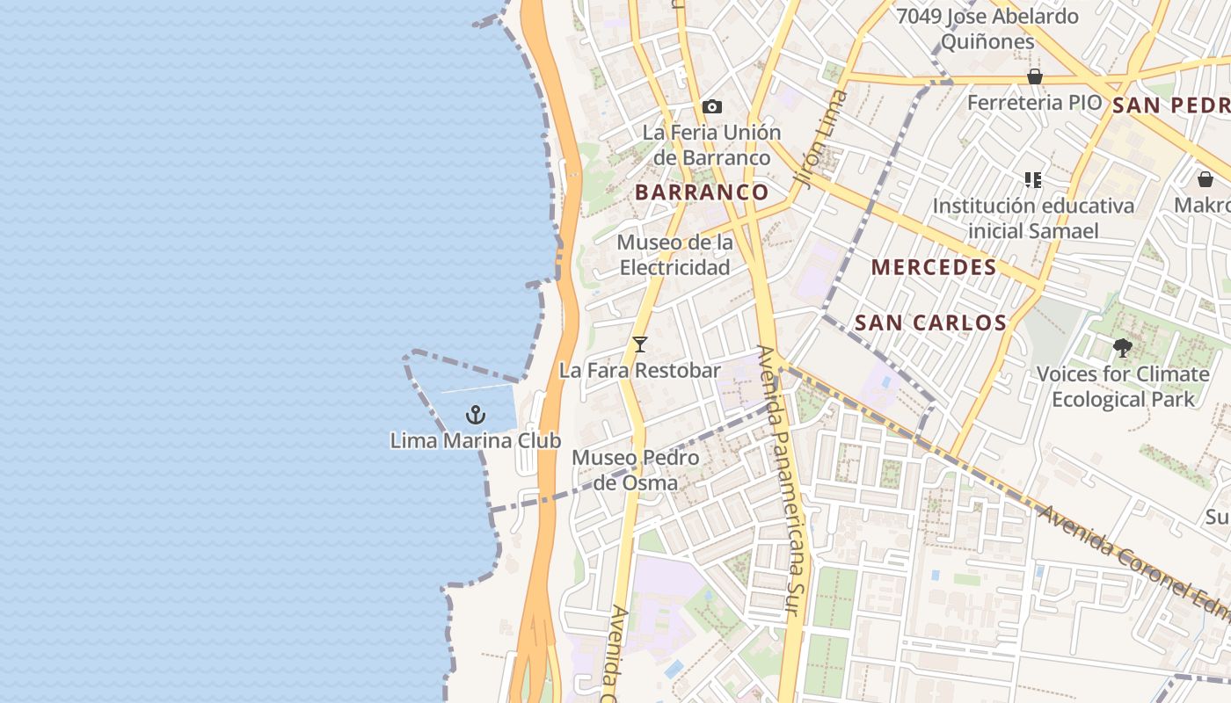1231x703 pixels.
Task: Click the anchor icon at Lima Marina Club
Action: tap(476, 414)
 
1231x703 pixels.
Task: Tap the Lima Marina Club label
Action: tap(476, 440)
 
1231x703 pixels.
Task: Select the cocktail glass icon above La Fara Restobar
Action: tap(640, 344)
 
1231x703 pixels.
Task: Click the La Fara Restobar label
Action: tap(640, 371)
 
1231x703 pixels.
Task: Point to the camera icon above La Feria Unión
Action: tap(712, 107)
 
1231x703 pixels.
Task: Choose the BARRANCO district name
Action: tap(702, 192)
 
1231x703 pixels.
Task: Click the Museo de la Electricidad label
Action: tap(675, 255)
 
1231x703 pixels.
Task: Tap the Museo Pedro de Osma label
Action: tap(635, 470)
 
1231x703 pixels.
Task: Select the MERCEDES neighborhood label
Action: tap(934, 268)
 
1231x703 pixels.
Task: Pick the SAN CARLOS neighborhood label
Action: tap(930, 323)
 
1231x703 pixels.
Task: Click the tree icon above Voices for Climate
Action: tap(1122, 348)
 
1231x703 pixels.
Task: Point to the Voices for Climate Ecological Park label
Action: tap(1123, 387)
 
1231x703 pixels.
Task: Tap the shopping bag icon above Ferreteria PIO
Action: tap(1035, 77)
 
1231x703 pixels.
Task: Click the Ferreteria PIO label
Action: tap(1034, 103)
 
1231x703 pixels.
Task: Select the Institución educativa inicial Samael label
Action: tap(1033, 219)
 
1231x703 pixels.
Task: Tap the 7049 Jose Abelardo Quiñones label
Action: tap(987, 29)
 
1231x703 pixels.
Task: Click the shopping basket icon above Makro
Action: tap(1206, 179)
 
